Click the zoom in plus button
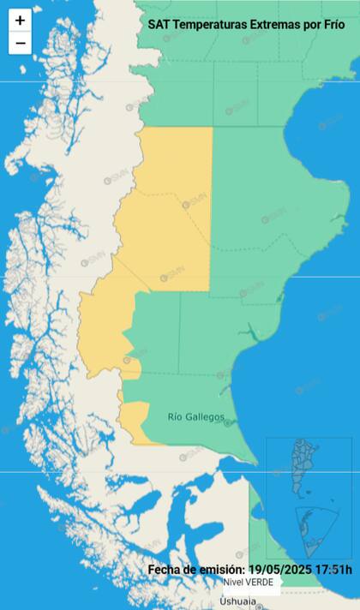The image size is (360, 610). pos(21,21)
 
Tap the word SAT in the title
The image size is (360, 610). pos(159,26)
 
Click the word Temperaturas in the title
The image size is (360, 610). pos(209,26)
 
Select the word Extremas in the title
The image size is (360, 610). pos(274,26)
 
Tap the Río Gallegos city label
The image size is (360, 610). pos(196,417)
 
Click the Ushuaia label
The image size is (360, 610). pos(237,601)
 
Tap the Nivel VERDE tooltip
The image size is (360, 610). pos(249,582)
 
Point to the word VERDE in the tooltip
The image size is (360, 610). pos(259,582)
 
